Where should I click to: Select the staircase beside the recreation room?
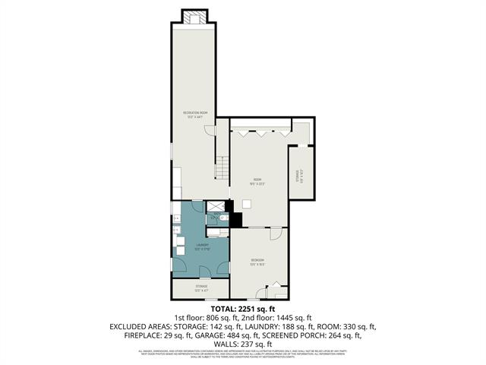[222, 168]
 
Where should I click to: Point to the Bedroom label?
[257, 262]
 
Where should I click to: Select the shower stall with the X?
[216, 205]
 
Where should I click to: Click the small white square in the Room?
[247, 203]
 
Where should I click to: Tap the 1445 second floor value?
[283, 318]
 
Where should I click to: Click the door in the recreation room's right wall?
[210, 131]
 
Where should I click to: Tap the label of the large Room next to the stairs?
[257, 180]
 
